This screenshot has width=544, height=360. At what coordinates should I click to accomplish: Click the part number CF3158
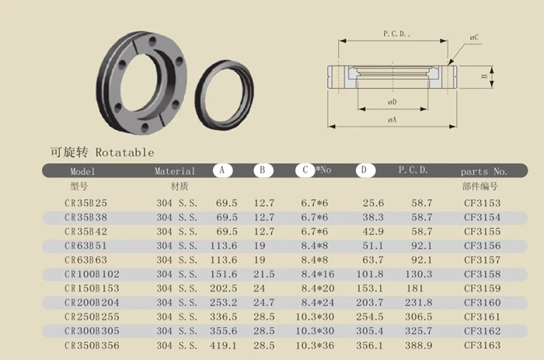point(483,274)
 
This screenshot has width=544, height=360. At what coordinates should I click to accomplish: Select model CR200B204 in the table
point(92,302)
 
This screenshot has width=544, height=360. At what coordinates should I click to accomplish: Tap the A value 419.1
point(224,345)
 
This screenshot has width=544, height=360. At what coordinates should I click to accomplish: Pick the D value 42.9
point(373,232)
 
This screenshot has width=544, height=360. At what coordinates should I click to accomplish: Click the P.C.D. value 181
point(415,288)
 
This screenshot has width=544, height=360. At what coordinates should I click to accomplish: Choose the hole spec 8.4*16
point(318,274)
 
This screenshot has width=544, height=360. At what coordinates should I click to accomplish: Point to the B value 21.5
point(263,274)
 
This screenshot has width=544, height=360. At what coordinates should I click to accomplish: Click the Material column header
point(175,171)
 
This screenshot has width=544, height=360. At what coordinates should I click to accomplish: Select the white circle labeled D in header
point(365,170)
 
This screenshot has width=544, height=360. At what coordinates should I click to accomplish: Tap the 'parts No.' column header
point(483,172)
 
